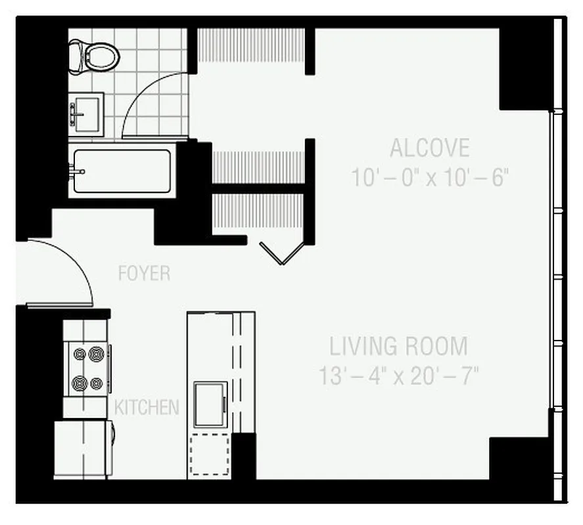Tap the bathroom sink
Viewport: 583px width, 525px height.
click(x=85, y=110)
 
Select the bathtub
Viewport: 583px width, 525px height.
click(x=123, y=171)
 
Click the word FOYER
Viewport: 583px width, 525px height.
click(x=144, y=273)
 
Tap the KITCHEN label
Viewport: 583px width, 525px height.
click(x=147, y=407)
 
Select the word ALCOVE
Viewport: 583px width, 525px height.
click(x=430, y=148)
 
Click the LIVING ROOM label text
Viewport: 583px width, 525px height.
click(x=399, y=346)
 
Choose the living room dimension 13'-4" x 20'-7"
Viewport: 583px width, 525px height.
click(x=399, y=377)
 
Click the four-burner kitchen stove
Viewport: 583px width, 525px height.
click(x=88, y=368)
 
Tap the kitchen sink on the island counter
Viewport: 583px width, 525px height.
click(x=210, y=405)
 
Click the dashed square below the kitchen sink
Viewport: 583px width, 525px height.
click(x=210, y=453)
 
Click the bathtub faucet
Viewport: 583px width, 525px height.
click(x=77, y=172)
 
